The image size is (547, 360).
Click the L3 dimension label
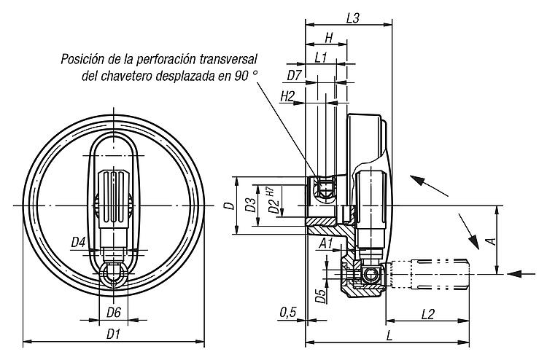pyautogui.click(x=353, y=18)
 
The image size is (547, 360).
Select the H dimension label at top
pyautogui.click(x=329, y=38)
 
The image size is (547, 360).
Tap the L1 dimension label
pyautogui.click(x=321, y=58)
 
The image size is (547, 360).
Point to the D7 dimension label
pyautogui.click(x=294, y=75)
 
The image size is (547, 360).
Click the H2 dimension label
pyautogui.click(x=288, y=96)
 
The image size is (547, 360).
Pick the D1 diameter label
pyautogui.click(x=113, y=334)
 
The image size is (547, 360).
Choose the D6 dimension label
pyautogui.click(x=113, y=313)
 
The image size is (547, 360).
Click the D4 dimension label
pyautogui.click(x=79, y=242)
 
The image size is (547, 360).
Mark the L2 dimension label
pyautogui.click(x=427, y=314)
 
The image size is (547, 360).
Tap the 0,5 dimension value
pyautogui.click(x=288, y=313)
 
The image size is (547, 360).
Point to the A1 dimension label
pyautogui.click(x=326, y=243)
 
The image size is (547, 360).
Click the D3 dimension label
pyautogui.click(x=250, y=205)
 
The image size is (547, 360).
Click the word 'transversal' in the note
pyautogui.click(x=228, y=59)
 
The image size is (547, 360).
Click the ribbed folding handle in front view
pyautogui.click(x=113, y=200)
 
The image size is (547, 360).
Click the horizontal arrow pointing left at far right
pyautogui.click(x=521, y=274)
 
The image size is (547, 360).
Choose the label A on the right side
pyautogui.click(x=492, y=241)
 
